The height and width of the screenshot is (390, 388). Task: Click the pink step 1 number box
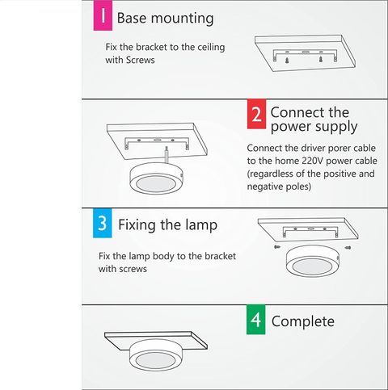[x=103, y=15]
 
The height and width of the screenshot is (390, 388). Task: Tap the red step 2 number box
[x=256, y=114]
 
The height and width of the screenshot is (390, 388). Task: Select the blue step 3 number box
[x=103, y=223]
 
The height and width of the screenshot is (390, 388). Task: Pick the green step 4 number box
[x=255, y=320]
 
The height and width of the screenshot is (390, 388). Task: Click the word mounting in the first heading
[x=183, y=19]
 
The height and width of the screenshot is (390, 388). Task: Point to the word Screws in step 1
[x=141, y=60]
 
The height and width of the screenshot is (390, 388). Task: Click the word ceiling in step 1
[x=211, y=48]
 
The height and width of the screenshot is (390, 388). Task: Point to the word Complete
[x=303, y=321]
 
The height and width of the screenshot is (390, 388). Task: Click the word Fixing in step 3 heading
[x=137, y=225]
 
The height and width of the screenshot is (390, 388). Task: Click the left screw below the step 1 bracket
[x=288, y=60]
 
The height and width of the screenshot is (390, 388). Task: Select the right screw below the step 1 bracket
[x=321, y=59]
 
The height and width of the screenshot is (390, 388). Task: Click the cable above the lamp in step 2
[x=167, y=155]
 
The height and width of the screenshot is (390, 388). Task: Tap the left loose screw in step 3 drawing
[x=276, y=246]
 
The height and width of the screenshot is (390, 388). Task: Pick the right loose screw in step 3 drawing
[x=348, y=247]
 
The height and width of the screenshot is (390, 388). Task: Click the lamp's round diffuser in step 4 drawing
[x=155, y=361]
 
